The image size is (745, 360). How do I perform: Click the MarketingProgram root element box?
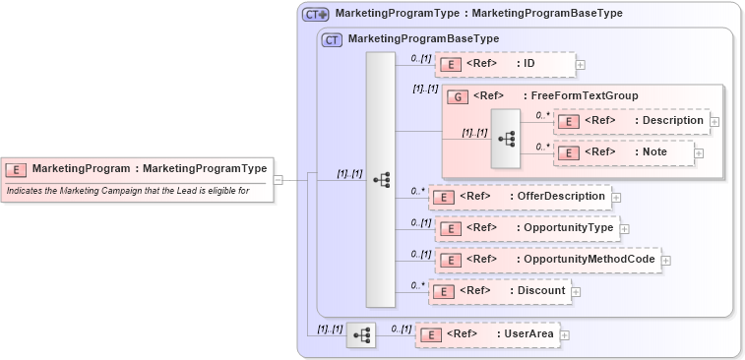[x=137, y=168]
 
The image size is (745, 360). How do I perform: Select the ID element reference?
[x=504, y=64]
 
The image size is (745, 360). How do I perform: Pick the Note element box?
[x=623, y=151]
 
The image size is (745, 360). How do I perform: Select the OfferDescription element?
[x=521, y=197]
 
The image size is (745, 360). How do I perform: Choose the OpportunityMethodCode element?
[x=546, y=260]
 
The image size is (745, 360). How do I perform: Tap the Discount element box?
[x=501, y=291]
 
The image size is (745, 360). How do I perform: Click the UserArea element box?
[x=486, y=334]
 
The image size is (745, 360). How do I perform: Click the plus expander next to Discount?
[x=577, y=292]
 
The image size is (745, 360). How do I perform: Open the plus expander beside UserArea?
[x=565, y=335]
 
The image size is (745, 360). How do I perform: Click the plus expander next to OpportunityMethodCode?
[x=666, y=261]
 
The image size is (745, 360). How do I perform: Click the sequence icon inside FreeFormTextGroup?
[x=507, y=139]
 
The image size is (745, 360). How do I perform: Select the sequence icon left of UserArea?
[x=361, y=335]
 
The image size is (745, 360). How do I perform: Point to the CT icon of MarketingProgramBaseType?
[x=332, y=39]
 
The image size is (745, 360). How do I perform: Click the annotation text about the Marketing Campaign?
[x=128, y=190]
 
